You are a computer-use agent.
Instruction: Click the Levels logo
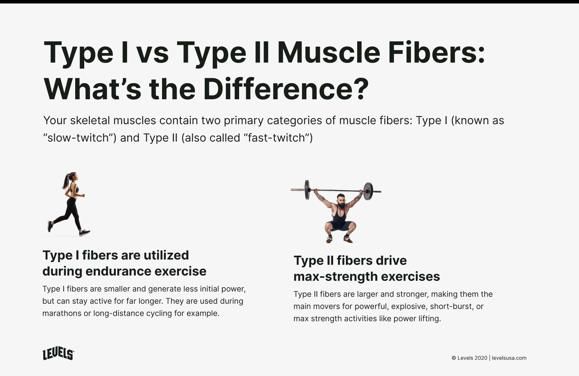pos(58,353)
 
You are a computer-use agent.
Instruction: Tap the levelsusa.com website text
pos(509,358)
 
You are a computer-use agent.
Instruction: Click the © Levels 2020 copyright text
pos(469,358)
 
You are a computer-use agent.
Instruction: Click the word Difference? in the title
pos(286,89)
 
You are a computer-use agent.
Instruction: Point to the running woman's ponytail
pos(67,181)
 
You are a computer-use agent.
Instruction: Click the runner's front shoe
pos(85,233)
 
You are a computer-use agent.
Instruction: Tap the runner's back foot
pos(50,226)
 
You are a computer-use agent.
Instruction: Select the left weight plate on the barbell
pos(307,190)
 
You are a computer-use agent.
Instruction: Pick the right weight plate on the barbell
pos(368,191)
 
